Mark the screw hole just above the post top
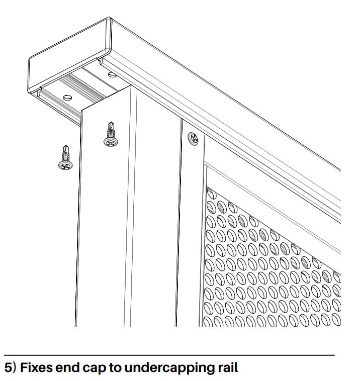click(x=112, y=75)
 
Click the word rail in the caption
click(x=227, y=367)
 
